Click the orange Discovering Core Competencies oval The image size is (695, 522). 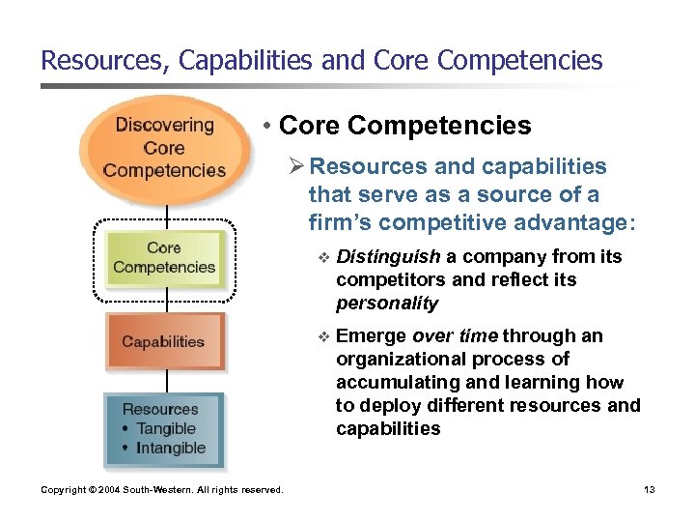tap(163, 148)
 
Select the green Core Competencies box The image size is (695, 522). tap(163, 258)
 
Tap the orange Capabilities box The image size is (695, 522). tap(163, 341)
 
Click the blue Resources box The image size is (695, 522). tap(163, 428)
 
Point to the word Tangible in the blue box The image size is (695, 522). tap(165, 428)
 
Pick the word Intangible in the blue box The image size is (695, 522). tap(171, 448)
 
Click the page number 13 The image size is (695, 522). tap(649, 490)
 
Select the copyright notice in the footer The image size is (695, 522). tap(162, 490)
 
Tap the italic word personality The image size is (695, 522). tap(386, 304)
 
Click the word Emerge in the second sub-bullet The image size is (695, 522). tap(372, 336)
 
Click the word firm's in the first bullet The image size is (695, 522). tap(339, 222)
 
